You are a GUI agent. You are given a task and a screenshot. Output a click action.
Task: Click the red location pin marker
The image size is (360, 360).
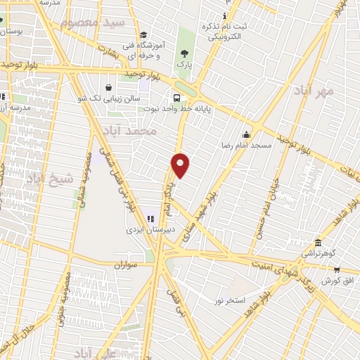click(181, 165)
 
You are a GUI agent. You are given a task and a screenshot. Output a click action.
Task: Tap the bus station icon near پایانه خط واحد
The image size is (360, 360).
click(176, 98)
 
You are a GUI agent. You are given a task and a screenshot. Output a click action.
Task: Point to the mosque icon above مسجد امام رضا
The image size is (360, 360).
click(246, 135)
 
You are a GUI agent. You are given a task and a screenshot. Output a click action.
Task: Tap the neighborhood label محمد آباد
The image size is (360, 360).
click(128, 131)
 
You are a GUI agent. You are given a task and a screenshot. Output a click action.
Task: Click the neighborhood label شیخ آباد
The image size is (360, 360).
click(50, 179)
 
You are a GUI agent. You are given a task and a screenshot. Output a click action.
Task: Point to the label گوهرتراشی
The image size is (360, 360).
click(324, 252)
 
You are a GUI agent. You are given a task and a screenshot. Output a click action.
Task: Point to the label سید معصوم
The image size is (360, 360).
click(102, 22)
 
